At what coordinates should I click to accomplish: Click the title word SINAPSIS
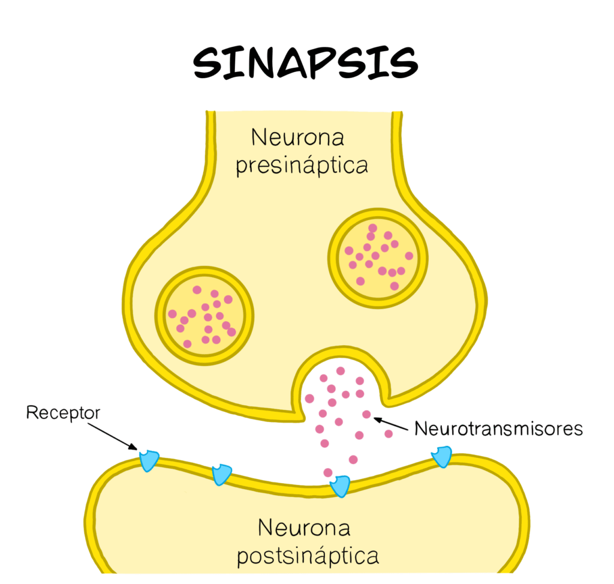click(x=305, y=61)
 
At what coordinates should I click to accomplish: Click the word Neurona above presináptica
click(x=297, y=138)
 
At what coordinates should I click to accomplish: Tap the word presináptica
click(x=301, y=166)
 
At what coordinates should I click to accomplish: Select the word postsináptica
click(x=308, y=556)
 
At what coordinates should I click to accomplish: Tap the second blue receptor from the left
click(x=221, y=474)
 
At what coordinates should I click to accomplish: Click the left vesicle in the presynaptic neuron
click(x=204, y=316)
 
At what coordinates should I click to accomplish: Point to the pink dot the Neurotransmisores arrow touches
click(x=366, y=414)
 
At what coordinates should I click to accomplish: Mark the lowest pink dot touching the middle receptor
click(x=328, y=472)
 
